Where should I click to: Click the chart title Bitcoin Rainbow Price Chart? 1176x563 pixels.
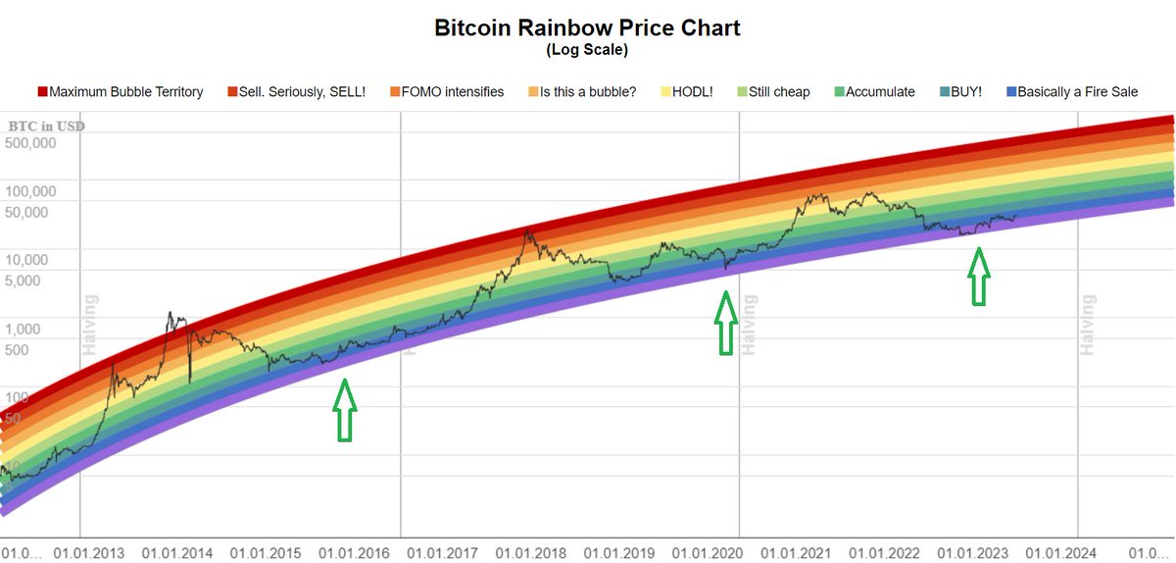point(587,27)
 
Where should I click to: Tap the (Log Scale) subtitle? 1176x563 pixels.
point(587,49)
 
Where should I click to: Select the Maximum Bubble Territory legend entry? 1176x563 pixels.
point(125,92)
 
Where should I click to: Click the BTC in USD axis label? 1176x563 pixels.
point(47,126)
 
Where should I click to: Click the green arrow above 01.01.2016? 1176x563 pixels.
point(344,410)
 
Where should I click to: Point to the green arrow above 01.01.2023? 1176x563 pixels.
point(977,277)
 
